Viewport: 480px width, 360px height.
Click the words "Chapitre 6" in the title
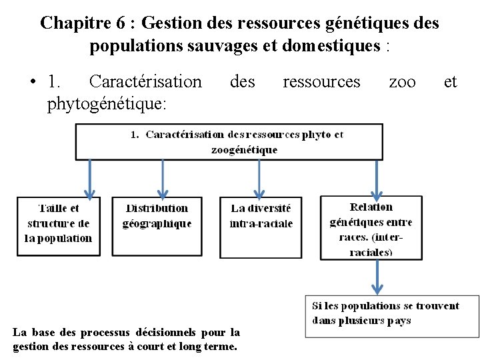coord(83,23)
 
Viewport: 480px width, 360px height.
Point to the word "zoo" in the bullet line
coord(402,81)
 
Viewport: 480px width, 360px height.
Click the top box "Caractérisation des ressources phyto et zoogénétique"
coord(229,141)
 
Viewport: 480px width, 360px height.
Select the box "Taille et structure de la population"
coord(58,225)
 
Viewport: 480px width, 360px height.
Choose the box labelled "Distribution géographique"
coord(157,225)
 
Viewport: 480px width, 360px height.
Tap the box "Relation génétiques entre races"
coord(371,228)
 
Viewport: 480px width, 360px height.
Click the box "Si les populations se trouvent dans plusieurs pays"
coord(391,315)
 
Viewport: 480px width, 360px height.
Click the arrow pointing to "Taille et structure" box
coord(91,178)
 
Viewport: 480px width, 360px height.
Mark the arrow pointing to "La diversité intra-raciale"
coord(260,178)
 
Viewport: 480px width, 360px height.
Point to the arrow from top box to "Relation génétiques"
coord(377,178)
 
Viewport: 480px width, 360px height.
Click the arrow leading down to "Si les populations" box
coord(377,277)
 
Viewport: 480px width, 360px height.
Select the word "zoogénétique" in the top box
coord(244,150)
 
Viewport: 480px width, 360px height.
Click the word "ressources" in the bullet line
coord(321,81)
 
